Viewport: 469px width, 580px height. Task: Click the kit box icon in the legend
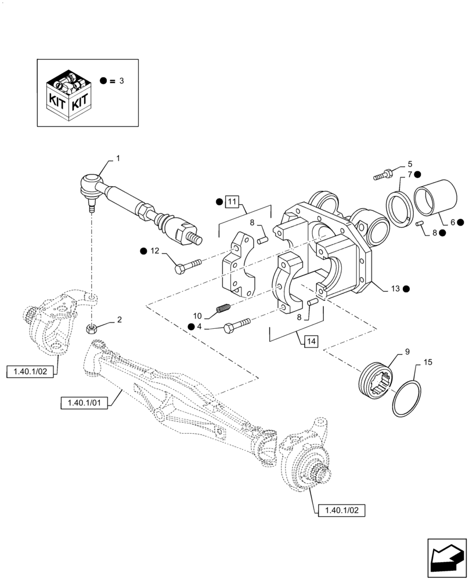click(68, 93)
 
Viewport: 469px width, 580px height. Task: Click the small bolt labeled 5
click(383, 173)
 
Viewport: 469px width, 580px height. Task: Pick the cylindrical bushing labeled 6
click(436, 202)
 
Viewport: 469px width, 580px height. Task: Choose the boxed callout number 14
click(310, 342)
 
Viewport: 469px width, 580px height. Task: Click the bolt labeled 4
click(235, 328)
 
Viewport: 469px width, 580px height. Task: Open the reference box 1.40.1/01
click(84, 402)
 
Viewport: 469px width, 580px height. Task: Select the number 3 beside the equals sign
click(121, 81)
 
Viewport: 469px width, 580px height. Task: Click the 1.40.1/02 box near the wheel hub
click(342, 510)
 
